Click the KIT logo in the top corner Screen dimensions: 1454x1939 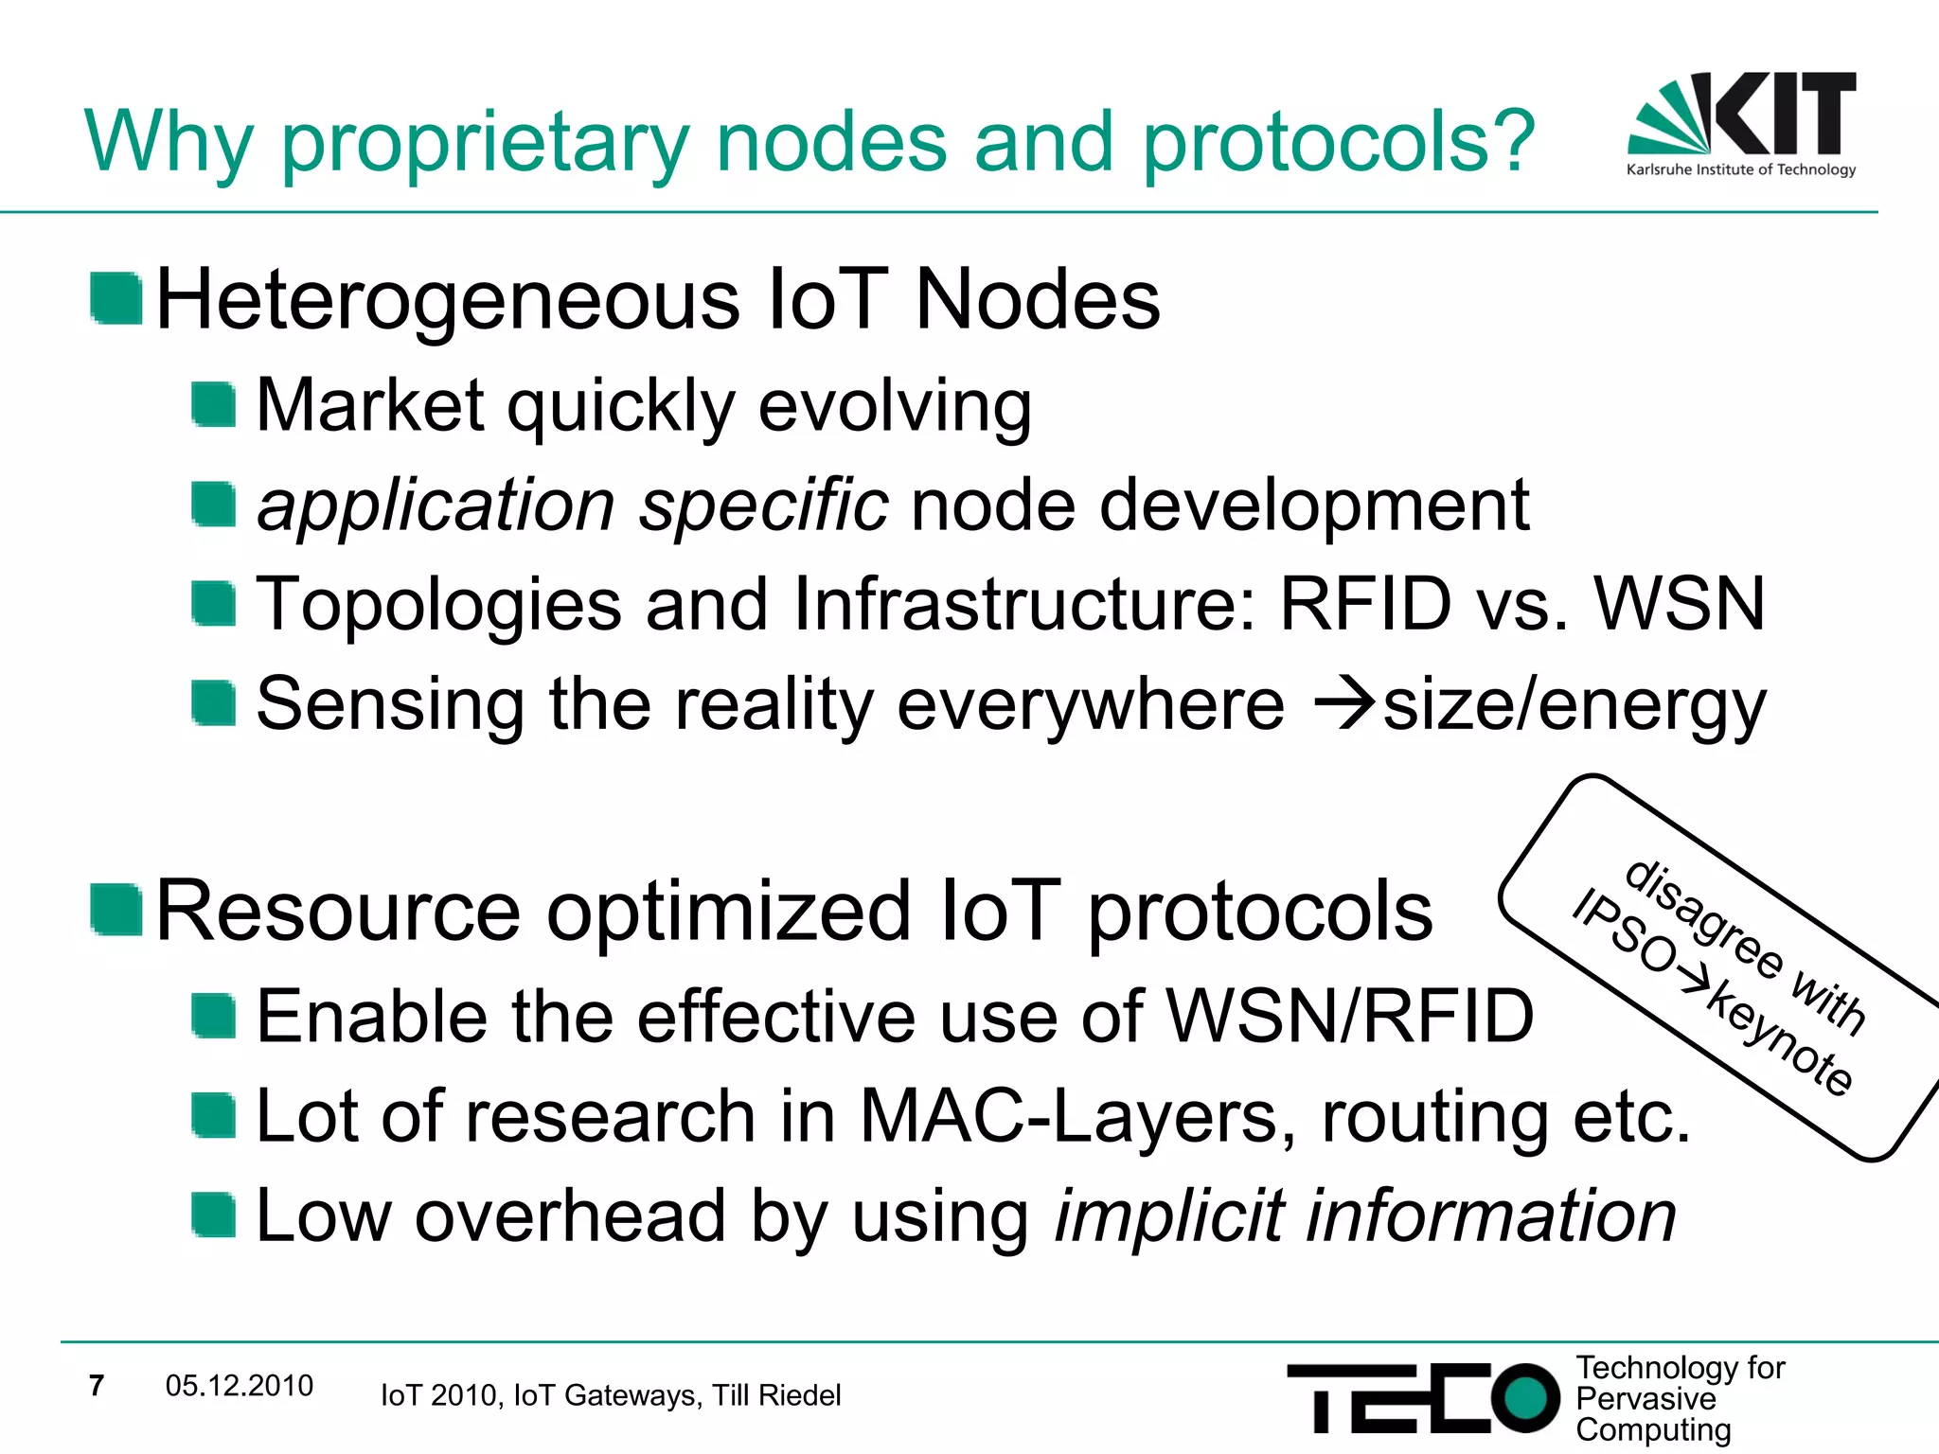tap(1742, 123)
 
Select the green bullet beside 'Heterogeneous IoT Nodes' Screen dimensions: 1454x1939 tap(116, 298)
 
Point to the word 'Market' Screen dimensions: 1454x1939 tap(370, 405)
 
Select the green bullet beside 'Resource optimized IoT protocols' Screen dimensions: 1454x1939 tap(116, 909)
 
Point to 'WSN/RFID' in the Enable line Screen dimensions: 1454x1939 tap(1350, 1016)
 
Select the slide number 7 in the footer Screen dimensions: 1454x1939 tap(96, 1386)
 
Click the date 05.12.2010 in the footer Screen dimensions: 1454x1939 tap(239, 1386)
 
